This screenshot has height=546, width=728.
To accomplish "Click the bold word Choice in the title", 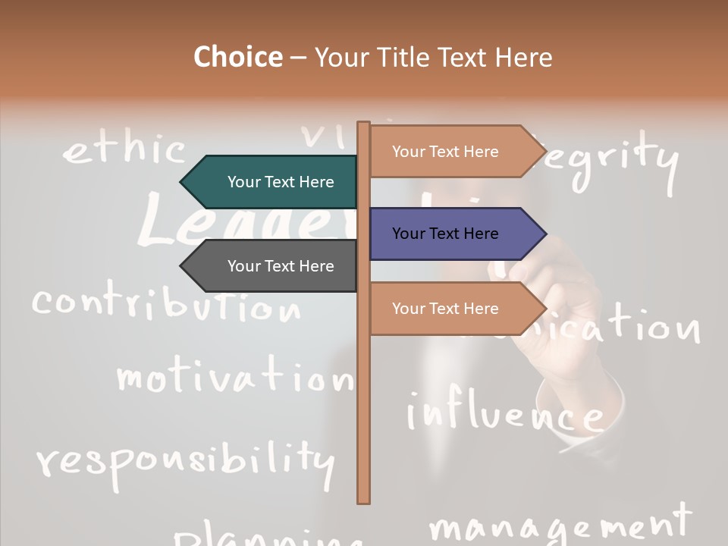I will [237, 57].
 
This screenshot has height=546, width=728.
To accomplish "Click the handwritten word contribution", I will [165, 304].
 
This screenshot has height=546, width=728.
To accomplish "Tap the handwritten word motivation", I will [234, 375].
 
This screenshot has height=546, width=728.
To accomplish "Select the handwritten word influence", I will [504, 413].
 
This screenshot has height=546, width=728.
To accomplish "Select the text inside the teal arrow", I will [281, 182].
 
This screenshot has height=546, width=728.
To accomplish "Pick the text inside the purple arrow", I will [445, 234].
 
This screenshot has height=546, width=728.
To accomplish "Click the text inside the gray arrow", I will [281, 266].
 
